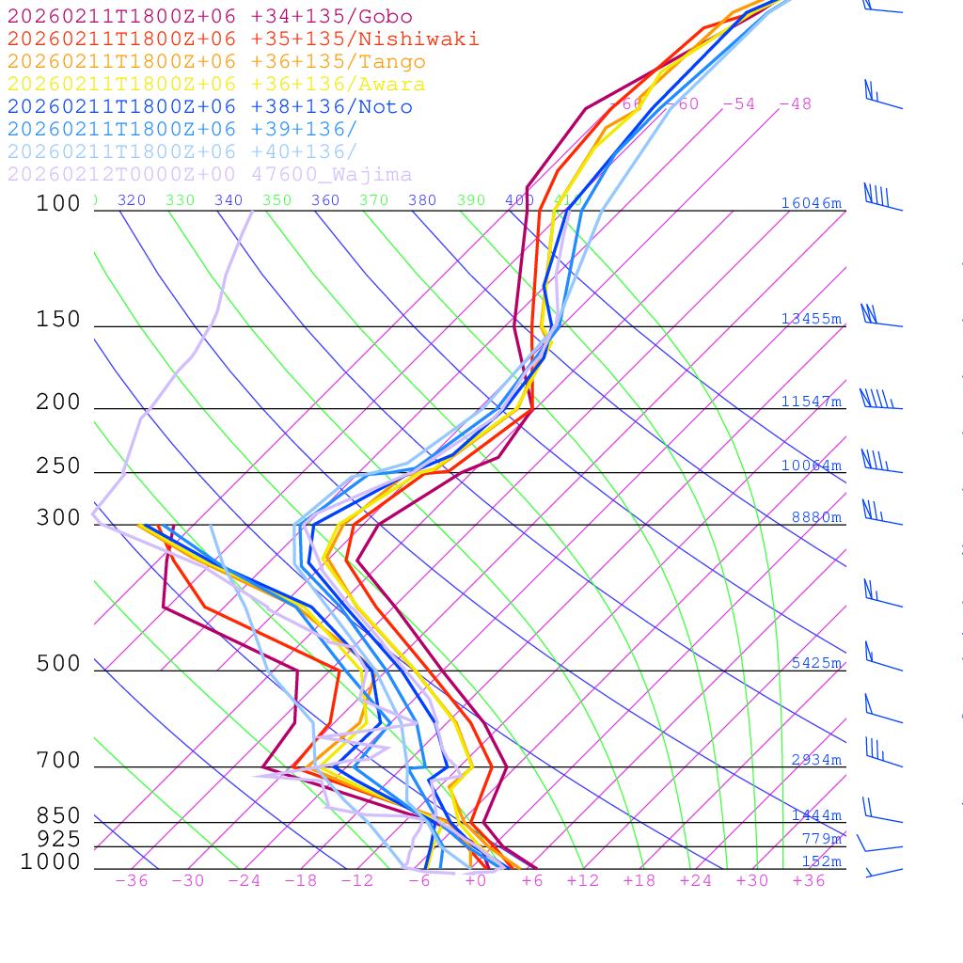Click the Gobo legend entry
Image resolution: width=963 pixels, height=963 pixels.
tap(210, 17)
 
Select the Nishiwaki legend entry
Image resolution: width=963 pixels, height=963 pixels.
tap(243, 39)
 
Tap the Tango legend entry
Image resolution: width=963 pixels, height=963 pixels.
tap(216, 62)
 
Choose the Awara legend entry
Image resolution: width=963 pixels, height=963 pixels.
tap(216, 85)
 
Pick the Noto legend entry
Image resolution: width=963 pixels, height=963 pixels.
tap(210, 107)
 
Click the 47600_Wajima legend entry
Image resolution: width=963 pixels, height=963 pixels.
tap(210, 175)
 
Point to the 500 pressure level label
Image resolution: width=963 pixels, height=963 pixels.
tap(58, 664)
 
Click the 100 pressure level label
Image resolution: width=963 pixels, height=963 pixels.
tap(58, 204)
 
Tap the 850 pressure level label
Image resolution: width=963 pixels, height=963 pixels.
tap(58, 816)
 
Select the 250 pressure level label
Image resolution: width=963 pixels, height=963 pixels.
tap(58, 466)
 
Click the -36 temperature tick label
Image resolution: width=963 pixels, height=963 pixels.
tap(131, 880)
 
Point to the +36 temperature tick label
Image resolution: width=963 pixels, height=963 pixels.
tap(808, 880)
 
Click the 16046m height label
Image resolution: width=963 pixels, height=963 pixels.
tap(811, 203)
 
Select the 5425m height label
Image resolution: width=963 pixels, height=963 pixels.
tap(816, 663)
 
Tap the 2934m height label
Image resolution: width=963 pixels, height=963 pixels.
tap(816, 760)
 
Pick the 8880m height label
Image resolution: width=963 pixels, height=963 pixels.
tap(816, 517)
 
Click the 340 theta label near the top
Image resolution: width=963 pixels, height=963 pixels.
tap(229, 200)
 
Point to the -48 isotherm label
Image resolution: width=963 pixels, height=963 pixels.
tap(795, 103)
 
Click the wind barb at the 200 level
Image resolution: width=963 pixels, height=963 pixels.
tap(880, 402)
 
